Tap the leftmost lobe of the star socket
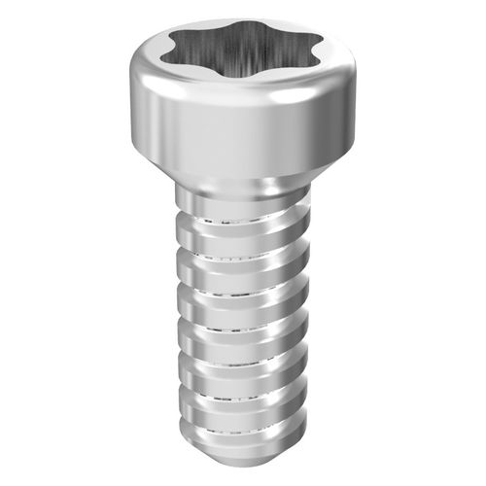click(x=175, y=52)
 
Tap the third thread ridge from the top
click(x=243, y=301)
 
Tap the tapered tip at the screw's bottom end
click(x=243, y=457)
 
